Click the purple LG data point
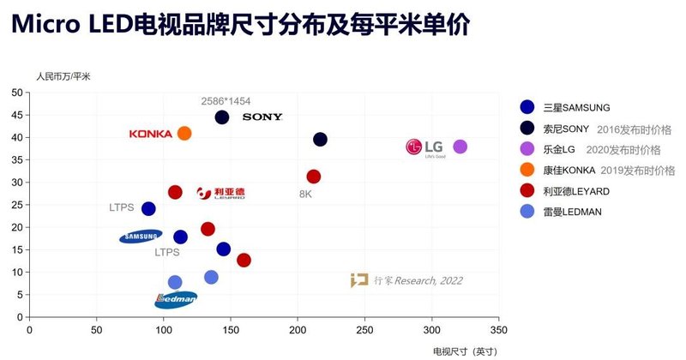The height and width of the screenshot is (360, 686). (x=460, y=147)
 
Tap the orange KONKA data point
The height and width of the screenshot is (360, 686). (x=184, y=133)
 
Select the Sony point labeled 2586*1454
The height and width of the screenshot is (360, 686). (x=222, y=117)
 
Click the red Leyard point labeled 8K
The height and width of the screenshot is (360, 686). (x=314, y=177)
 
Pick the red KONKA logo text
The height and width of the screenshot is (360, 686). (x=151, y=134)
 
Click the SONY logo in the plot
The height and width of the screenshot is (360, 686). (x=262, y=117)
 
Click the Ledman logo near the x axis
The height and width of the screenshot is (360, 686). (x=176, y=299)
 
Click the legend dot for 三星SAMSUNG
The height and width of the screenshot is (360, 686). (x=527, y=107)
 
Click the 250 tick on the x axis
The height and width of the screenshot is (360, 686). (x=365, y=330)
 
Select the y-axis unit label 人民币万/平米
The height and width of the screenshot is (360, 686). (x=63, y=76)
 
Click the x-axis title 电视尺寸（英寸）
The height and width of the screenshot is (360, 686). (x=464, y=351)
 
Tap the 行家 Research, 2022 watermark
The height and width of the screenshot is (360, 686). (x=406, y=280)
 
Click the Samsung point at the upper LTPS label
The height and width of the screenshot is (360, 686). (x=148, y=208)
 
